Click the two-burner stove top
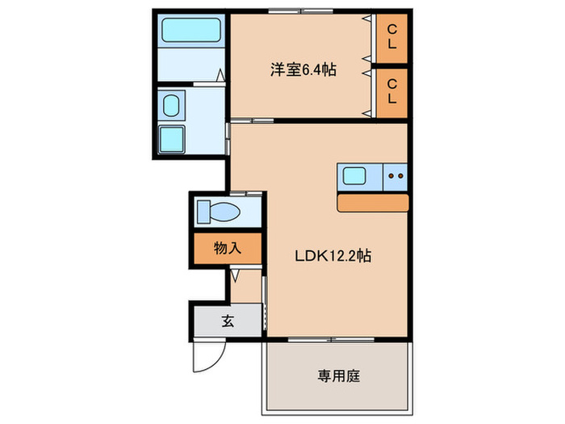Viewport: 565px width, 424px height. pyautogui.click(x=395, y=175)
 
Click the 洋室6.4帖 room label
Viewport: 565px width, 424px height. pyautogui.click(x=303, y=70)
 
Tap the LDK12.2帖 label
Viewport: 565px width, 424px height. pyautogui.click(x=332, y=256)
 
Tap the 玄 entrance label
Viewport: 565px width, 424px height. pyautogui.click(x=228, y=321)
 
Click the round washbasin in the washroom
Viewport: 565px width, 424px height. pyautogui.click(x=171, y=105)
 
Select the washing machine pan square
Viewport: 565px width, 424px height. pyautogui.click(x=173, y=139)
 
